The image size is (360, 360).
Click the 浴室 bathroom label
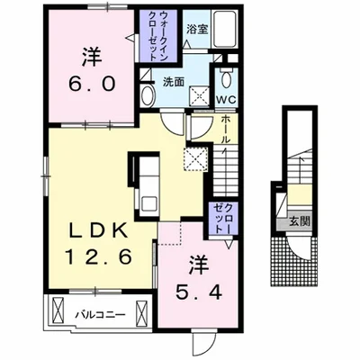click(x=197, y=29)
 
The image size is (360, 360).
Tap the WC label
click(x=227, y=100)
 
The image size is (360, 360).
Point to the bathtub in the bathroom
click(x=225, y=29)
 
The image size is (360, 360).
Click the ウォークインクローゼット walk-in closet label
click(x=158, y=35)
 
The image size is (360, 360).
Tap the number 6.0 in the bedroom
click(x=92, y=85)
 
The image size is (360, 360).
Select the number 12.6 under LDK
click(x=98, y=257)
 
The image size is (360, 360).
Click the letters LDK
click(x=98, y=232)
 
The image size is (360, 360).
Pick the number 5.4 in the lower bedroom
click(x=199, y=292)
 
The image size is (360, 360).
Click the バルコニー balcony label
click(x=100, y=315)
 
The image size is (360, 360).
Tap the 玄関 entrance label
click(x=299, y=221)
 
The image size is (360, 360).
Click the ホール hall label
click(x=226, y=130)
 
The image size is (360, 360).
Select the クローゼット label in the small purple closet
click(x=222, y=218)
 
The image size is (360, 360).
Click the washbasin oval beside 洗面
click(x=147, y=95)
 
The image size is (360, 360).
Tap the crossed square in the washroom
click(x=198, y=95)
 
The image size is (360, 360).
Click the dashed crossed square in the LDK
click(x=195, y=159)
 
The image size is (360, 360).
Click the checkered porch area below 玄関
click(x=294, y=260)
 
